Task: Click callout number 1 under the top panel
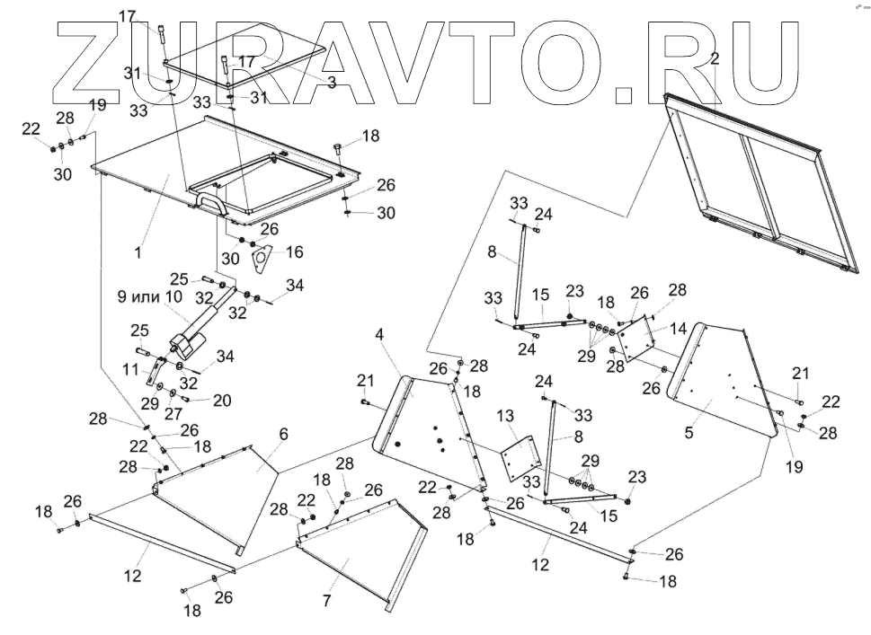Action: click(138, 254)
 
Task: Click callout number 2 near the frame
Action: click(714, 59)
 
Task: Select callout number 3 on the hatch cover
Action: click(331, 82)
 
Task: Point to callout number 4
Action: click(380, 334)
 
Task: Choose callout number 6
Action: click(283, 434)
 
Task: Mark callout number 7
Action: click(326, 599)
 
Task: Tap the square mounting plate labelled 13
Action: click(517, 457)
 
